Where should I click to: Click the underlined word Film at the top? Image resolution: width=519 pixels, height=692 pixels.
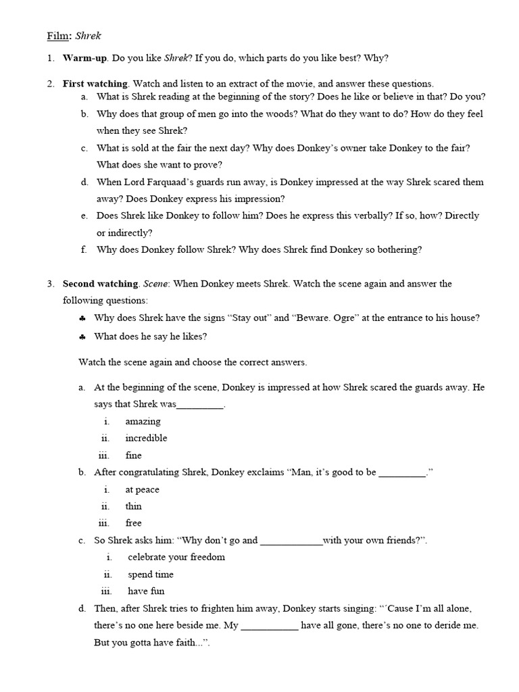pyautogui.click(x=58, y=34)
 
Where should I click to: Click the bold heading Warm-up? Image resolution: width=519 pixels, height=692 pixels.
pyautogui.click(x=85, y=58)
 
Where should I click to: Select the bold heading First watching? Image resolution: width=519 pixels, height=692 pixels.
pyautogui.click(x=95, y=84)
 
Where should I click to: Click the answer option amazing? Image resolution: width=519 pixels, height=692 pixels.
pyautogui.click(x=143, y=421)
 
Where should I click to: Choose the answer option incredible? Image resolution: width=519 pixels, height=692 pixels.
pyautogui.click(x=146, y=438)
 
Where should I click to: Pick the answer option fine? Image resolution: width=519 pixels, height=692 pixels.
pyautogui.click(x=133, y=455)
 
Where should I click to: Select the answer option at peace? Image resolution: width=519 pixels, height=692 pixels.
pyautogui.click(x=143, y=489)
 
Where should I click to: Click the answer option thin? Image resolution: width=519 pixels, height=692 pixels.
pyautogui.click(x=133, y=506)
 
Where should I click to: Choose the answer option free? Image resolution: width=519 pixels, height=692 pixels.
pyautogui.click(x=133, y=523)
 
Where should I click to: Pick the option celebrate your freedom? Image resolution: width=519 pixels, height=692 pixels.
pyautogui.click(x=176, y=557)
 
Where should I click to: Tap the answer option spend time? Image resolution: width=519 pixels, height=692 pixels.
pyautogui.click(x=151, y=574)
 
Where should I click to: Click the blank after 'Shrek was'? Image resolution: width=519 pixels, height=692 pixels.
pyautogui.click(x=199, y=405)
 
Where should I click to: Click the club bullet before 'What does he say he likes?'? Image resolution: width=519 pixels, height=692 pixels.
pyautogui.click(x=82, y=336)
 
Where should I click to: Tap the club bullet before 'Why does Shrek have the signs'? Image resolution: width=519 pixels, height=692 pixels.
pyautogui.click(x=82, y=318)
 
